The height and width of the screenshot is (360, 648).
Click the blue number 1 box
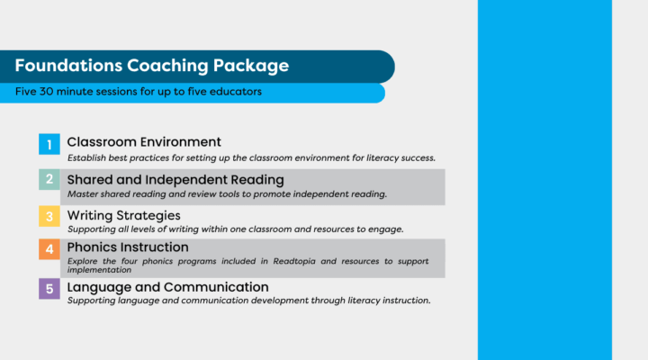[x=49, y=144]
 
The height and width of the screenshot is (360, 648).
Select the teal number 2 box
[x=49, y=180]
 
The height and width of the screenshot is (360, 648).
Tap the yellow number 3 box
[x=49, y=216]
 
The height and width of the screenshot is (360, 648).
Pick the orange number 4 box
[x=49, y=250]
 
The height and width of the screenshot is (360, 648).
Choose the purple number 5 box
[x=49, y=289]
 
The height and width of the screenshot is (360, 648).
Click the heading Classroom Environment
[x=144, y=142]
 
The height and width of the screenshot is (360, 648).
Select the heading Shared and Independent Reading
[x=175, y=180]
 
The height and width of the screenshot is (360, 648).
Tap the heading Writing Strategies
[x=124, y=216]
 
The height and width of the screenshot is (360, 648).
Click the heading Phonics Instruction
[x=128, y=247]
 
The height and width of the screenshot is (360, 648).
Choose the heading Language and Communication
[x=168, y=287]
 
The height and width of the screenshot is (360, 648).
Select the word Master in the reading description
[x=82, y=194]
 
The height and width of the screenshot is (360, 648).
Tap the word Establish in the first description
[x=86, y=157]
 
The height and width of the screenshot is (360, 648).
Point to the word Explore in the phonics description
[x=83, y=261]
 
